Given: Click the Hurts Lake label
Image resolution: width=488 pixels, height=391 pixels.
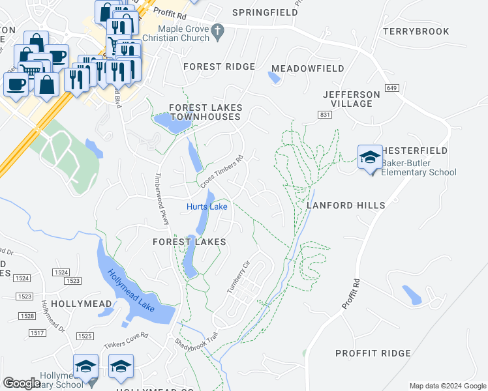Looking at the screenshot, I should coord(207,207).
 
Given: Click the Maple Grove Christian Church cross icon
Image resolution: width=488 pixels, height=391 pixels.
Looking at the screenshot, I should coord(218,30).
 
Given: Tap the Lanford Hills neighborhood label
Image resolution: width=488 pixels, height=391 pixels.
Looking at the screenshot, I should coord(346,205).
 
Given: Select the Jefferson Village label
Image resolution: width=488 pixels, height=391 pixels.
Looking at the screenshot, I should coord(351,99).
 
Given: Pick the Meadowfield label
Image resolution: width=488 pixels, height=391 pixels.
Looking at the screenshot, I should coord(307,68).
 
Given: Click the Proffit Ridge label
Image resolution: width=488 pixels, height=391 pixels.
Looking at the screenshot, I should coord(373,353).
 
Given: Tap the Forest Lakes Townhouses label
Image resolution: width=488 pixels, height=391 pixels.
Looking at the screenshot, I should coord(206,112).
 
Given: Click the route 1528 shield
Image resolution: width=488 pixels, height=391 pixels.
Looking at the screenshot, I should coord(27,315).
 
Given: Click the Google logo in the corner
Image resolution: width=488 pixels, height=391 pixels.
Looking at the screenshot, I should coord(22,383).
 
